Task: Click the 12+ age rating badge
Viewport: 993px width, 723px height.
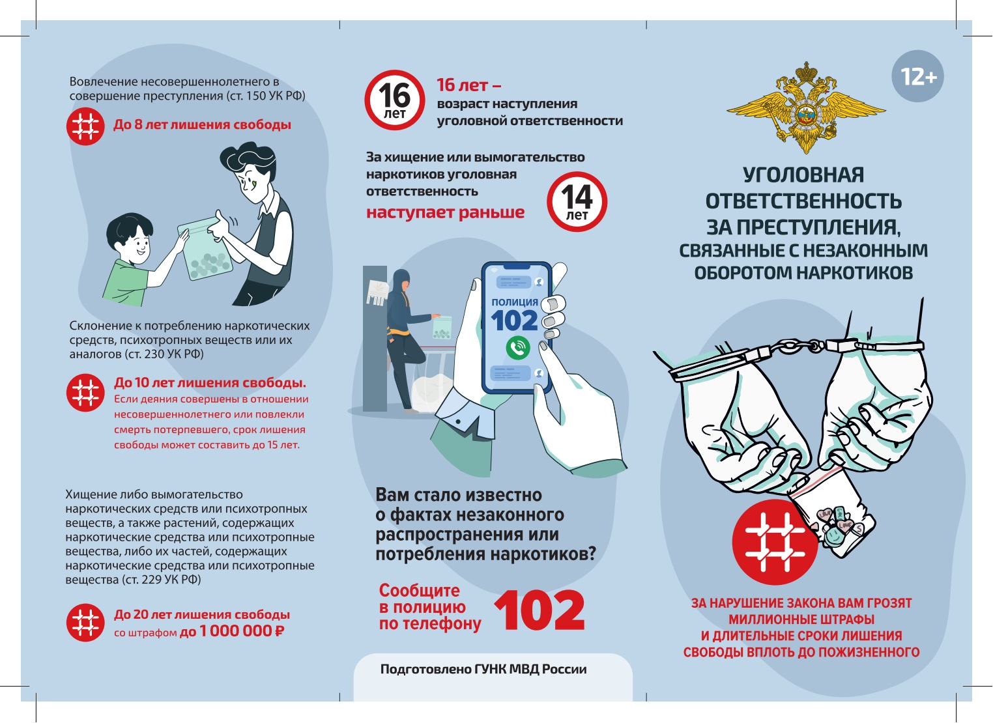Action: point(917,76)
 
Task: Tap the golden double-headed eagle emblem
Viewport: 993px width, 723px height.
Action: point(806,108)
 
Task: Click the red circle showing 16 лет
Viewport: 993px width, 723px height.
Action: point(395,100)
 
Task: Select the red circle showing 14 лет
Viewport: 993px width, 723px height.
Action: point(577,201)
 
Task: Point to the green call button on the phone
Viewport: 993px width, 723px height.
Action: point(518,348)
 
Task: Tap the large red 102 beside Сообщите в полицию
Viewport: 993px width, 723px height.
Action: point(540,610)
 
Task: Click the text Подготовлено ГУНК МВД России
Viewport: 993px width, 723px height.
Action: point(483,669)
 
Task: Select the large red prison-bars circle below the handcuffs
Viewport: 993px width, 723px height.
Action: point(775,543)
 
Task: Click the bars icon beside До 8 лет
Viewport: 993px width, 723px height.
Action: point(85,126)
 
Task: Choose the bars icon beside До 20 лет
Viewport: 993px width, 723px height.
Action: point(85,622)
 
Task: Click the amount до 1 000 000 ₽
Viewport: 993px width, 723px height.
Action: point(233,631)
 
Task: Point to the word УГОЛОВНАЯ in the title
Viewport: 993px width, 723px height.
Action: point(803,175)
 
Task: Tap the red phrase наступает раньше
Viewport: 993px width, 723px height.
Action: point(445,212)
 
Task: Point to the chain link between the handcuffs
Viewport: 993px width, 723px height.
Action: point(798,345)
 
